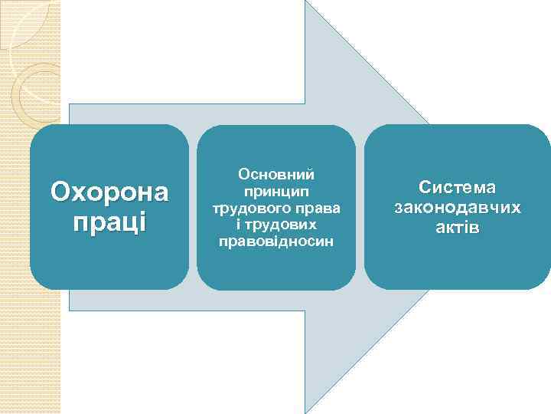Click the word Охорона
(x=109, y=192)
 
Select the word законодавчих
(x=457, y=208)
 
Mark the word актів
(x=457, y=228)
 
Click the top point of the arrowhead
(x=306, y=2)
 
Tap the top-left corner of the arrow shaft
(x=70, y=104)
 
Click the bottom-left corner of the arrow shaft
(x=70, y=310)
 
